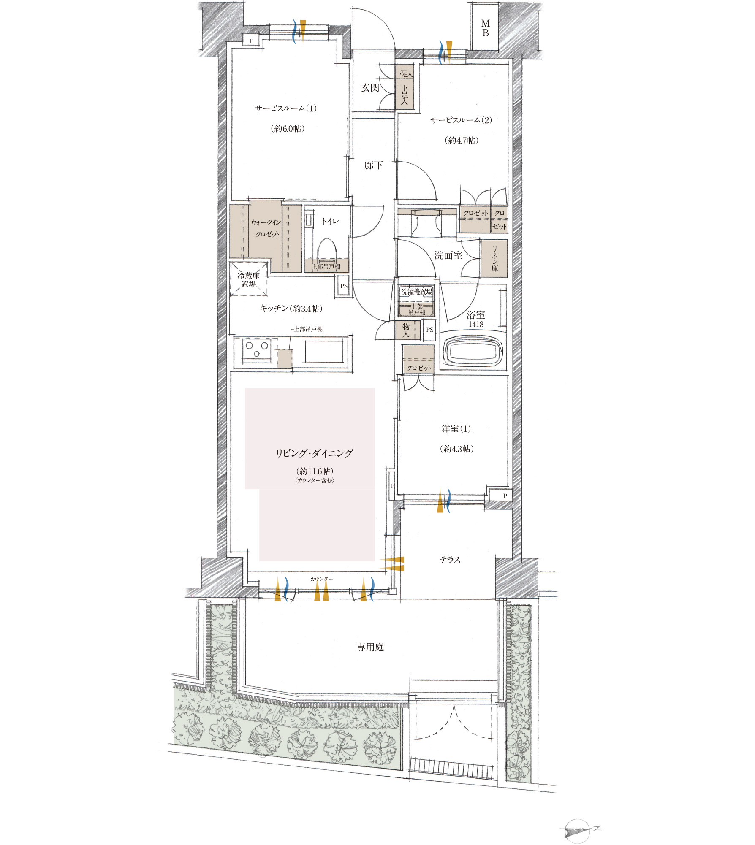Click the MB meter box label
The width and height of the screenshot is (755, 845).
[486, 28]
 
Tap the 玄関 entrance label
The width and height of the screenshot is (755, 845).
[370, 88]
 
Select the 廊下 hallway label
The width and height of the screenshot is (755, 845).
[373, 165]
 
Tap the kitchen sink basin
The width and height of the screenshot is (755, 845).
[324, 350]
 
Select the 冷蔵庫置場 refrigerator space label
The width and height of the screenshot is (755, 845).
[249, 279]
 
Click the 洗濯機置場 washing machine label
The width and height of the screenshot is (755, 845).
[417, 292]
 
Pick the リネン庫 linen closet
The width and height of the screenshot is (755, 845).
[494, 258]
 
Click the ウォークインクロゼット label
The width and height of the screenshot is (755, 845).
[266, 228]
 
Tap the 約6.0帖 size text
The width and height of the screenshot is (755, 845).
[287, 128]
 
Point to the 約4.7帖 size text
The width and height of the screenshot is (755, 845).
[461, 140]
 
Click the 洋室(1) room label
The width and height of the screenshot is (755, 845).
[456, 428]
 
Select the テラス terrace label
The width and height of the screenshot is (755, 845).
[450, 560]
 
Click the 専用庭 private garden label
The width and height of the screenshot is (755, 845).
[370, 647]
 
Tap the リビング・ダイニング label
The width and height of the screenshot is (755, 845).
[314, 453]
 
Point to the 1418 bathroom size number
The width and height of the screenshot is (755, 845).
[475, 324]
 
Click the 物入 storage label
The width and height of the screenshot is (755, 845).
[406, 330]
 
